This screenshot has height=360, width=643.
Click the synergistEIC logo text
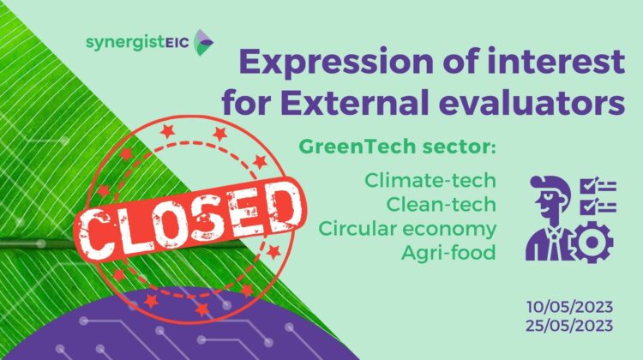click(137, 42)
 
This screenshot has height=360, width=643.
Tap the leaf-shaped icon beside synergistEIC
click(203, 42)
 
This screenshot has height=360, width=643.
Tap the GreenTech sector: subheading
click(397, 147)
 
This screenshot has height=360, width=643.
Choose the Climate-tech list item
click(430, 180)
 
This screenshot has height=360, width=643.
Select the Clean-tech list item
click(441, 204)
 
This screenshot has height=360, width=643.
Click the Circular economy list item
click(407, 229)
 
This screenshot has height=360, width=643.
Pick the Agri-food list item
click(448, 253)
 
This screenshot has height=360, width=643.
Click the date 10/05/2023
click(569, 307)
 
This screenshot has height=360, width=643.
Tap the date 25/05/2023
click(569, 326)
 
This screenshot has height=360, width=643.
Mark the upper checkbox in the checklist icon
click(588, 185)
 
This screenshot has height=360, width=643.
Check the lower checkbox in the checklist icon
click(588, 206)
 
